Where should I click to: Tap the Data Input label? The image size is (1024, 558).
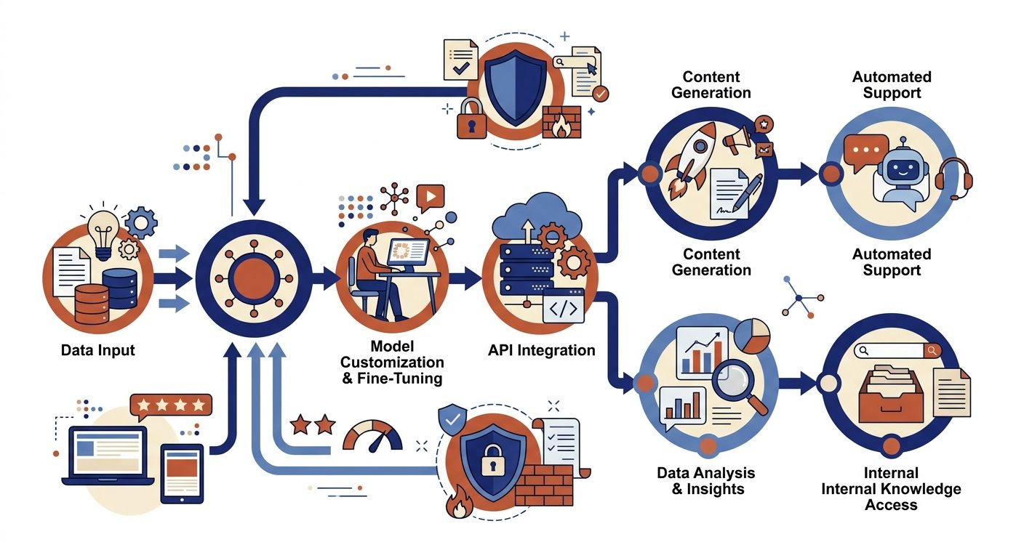click(x=98, y=350)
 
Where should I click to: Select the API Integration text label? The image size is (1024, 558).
click(x=542, y=350)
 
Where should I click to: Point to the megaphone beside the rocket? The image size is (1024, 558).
click(x=737, y=139)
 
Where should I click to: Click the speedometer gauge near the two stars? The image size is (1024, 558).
click(x=372, y=437)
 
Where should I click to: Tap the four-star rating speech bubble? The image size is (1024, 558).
click(x=171, y=405)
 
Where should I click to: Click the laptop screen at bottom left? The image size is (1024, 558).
click(x=108, y=453)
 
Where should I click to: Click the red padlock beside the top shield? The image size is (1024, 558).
click(x=471, y=118)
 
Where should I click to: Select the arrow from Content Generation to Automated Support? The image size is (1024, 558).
click(x=798, y=174)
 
